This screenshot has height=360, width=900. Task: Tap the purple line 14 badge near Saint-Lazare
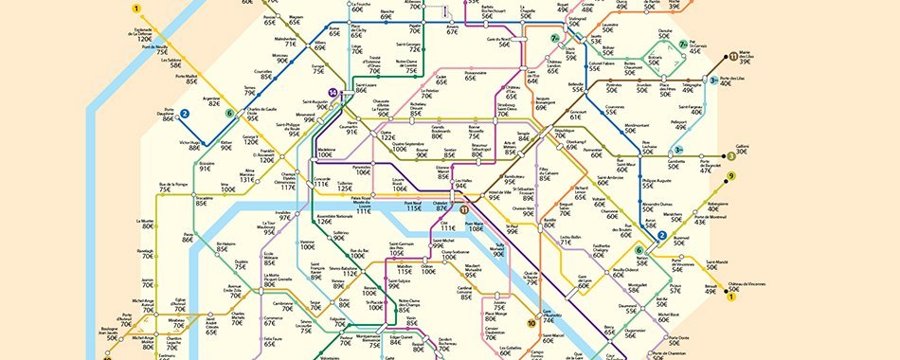pyautogui.click(x=332, y=92)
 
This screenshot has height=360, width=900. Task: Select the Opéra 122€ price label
pyautogui.click(x=387, y=134)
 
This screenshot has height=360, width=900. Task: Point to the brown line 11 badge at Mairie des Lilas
pyautogui.click(x=733, y=57)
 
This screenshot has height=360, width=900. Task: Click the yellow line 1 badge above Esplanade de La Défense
pyautogui.click(x=136, y=9)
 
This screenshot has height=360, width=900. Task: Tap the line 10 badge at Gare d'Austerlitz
pyautogui.click(x=532, y=323)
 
